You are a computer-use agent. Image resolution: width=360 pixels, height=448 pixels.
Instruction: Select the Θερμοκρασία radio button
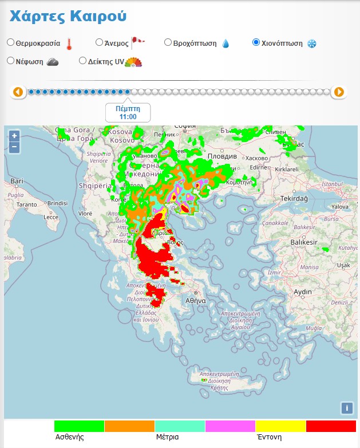11,42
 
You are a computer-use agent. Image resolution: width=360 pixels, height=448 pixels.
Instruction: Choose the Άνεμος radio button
99,42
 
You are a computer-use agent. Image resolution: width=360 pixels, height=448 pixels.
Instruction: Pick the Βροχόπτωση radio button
168,42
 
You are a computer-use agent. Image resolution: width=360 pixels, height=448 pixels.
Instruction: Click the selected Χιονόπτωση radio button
256,42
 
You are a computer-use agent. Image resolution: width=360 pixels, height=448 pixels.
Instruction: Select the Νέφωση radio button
11,61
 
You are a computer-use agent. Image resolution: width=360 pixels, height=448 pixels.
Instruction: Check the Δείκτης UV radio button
83,61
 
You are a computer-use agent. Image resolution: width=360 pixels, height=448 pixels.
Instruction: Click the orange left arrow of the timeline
18,92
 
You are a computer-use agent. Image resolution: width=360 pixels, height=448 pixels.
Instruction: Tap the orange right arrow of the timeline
339,92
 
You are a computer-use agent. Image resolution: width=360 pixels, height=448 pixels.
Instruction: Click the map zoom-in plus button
14,136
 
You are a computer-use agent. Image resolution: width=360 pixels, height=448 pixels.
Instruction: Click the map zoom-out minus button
14,147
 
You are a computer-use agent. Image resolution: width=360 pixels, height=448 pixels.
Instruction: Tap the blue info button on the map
346,408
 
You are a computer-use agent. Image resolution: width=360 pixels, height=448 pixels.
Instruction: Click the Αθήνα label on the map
196,300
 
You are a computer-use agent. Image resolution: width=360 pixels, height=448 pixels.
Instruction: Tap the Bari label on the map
17,181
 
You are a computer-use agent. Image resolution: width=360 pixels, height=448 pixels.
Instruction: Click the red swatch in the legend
331,426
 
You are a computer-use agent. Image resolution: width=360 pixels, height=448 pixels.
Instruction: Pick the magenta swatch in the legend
230,426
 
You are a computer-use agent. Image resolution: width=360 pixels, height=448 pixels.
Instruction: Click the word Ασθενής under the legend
70,437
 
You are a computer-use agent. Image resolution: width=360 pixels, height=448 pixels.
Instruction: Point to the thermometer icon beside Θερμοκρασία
69,44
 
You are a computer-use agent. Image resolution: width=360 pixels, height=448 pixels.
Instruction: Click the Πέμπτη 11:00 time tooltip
128,112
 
